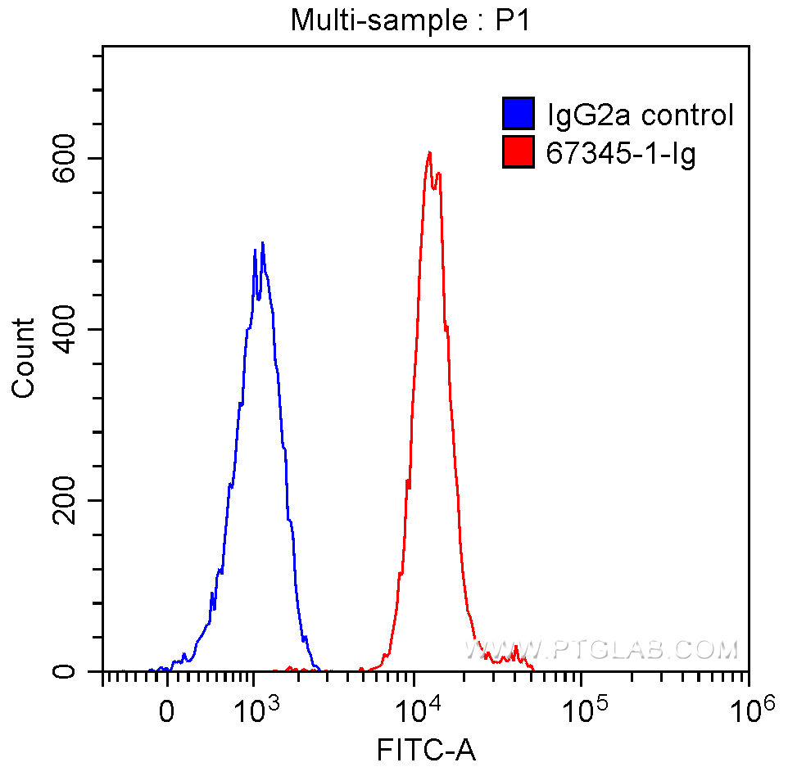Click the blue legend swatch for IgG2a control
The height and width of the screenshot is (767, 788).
[518, 114]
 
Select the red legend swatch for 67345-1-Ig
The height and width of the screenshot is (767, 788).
[518, 152]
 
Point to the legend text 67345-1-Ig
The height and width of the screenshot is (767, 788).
[621, 153]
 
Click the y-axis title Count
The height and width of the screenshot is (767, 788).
[25, 358]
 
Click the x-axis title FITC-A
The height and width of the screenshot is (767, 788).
[426, 747]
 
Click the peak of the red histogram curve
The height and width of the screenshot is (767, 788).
[428, 152]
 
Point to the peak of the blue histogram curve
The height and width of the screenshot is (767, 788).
[262, 242]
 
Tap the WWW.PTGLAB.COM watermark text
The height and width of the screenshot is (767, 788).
[602, 650]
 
